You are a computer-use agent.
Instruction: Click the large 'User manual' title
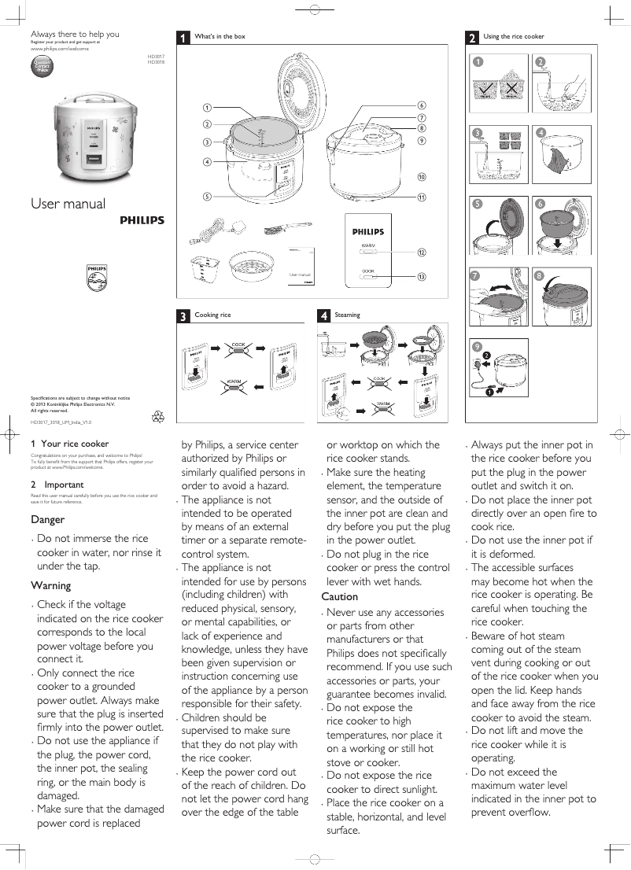(x=68, y=204)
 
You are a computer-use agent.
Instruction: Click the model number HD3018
(x=156, y=62)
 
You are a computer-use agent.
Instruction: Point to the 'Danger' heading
(x=47, y=519)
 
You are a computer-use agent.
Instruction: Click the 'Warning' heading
(x=50, y=585)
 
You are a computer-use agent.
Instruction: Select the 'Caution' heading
(x=340, y=596)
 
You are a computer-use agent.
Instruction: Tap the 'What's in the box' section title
(x=220, y=36)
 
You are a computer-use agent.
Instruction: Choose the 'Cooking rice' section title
(x=212, y=315)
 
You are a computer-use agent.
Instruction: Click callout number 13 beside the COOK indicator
(x=422, y=277)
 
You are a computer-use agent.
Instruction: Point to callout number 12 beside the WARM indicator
(x=422, y=253)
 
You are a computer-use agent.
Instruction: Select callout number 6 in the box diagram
(x=422, y=105)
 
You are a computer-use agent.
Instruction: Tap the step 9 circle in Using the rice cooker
(x=478, y=347)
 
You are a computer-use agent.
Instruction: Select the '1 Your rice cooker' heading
(x=69, y=444)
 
